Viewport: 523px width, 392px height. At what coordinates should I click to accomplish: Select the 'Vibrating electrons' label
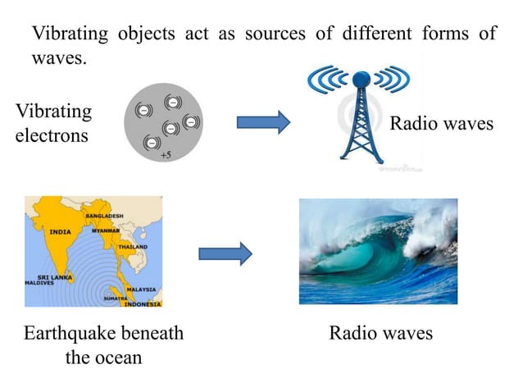[x=52, y=123]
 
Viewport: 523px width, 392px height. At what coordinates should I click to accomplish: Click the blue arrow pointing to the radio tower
[x=263, y=123]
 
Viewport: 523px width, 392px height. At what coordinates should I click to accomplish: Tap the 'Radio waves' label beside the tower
[x=441, y=124]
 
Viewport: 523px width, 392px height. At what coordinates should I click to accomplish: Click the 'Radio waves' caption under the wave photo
[x=380, y=334]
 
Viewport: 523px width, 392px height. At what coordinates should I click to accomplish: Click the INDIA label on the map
[x=60, y=231]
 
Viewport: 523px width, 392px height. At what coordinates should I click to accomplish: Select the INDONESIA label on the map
[x=142, y=303]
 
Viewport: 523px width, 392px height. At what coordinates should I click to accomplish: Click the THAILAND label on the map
[x=132, y=246]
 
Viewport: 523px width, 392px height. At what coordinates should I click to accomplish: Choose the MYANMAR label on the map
[x=106, y=230]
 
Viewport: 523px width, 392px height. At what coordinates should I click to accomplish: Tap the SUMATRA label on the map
[x=113, y=299]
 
